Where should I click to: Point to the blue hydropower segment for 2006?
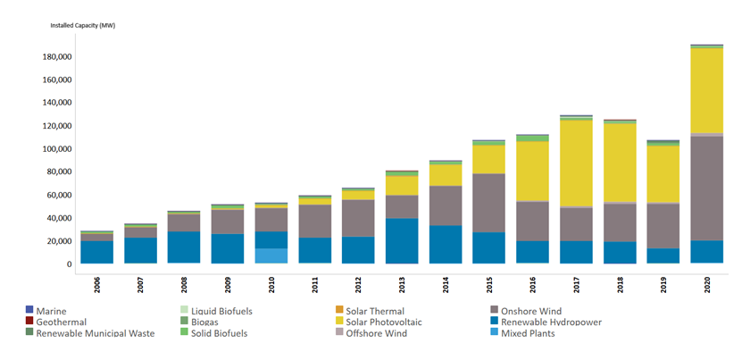point(96,252)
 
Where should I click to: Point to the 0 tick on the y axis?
point(69,264)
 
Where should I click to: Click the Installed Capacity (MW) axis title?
point(82,25)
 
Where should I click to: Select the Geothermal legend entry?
point(63,322)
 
